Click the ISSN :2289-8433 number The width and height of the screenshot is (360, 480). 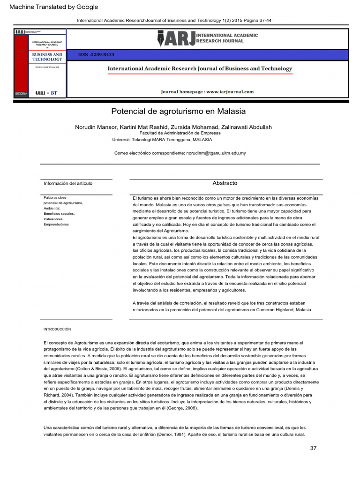click(96, 55)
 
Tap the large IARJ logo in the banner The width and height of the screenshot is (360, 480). click(176, 38)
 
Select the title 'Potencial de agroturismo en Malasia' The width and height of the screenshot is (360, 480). click(178, 112)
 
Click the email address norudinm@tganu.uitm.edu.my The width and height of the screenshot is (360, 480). click(216, 153)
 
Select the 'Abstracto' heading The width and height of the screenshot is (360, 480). click(225, 183)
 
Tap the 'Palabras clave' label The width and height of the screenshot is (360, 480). click(55, 198)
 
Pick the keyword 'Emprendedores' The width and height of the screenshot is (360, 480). click(56, 225)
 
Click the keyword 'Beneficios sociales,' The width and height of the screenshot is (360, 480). click(59, 214)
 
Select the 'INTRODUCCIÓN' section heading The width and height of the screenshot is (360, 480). click(57, 329)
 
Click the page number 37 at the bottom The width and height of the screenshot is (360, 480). click(313, 448)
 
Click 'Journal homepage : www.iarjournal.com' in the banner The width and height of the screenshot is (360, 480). click(207, 92)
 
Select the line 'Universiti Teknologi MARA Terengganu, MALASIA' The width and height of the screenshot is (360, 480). click(162, 140)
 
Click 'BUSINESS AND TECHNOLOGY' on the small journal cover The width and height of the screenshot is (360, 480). click(47, 57)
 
